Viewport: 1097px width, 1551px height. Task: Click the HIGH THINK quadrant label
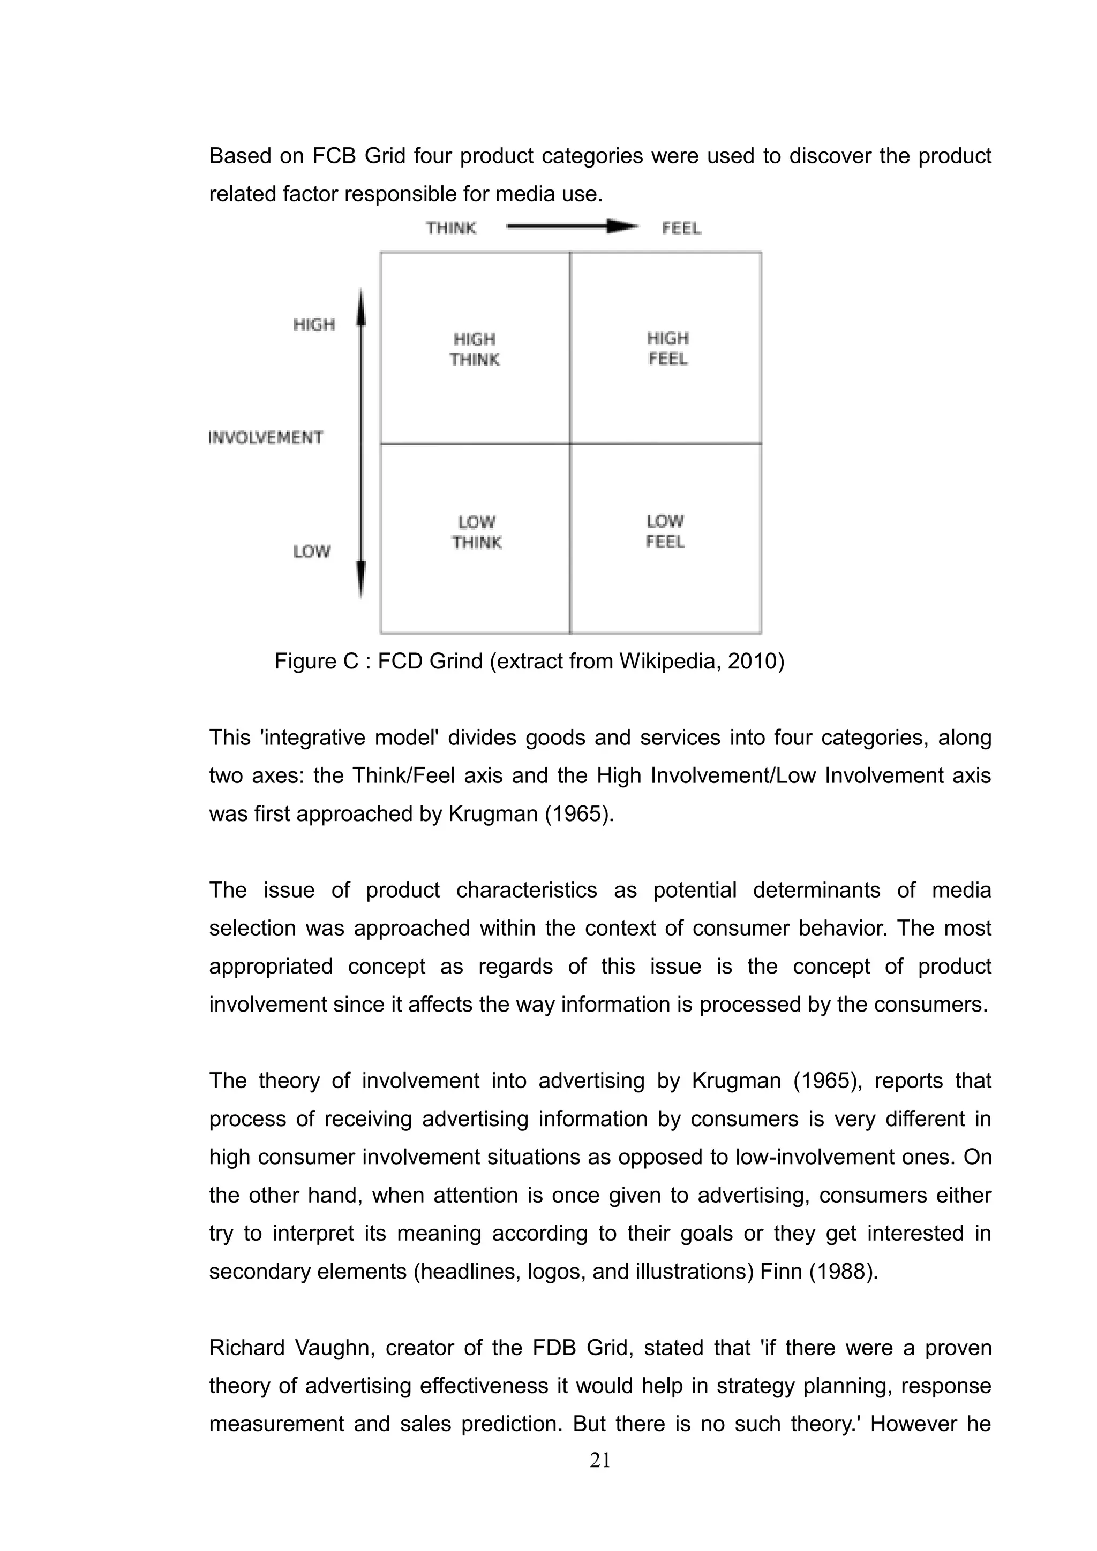click(x=475, y=349)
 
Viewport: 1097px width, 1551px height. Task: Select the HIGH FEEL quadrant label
click(x=668, y=348)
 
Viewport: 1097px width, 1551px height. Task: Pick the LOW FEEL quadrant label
click(x=665, y=531)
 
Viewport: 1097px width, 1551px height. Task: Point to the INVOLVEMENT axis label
click(x=266, y=438)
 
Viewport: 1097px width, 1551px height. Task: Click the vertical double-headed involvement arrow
click(x=361, y=443)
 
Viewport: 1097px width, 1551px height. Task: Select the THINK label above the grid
click(x=451, y=229)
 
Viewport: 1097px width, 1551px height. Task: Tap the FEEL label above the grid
click(x=681, y=229)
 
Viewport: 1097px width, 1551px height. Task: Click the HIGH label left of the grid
click(x=314, y=325)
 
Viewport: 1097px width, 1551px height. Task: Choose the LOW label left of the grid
click(x=312, y=552)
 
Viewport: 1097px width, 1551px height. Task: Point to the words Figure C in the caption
click(x=315, y=660)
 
